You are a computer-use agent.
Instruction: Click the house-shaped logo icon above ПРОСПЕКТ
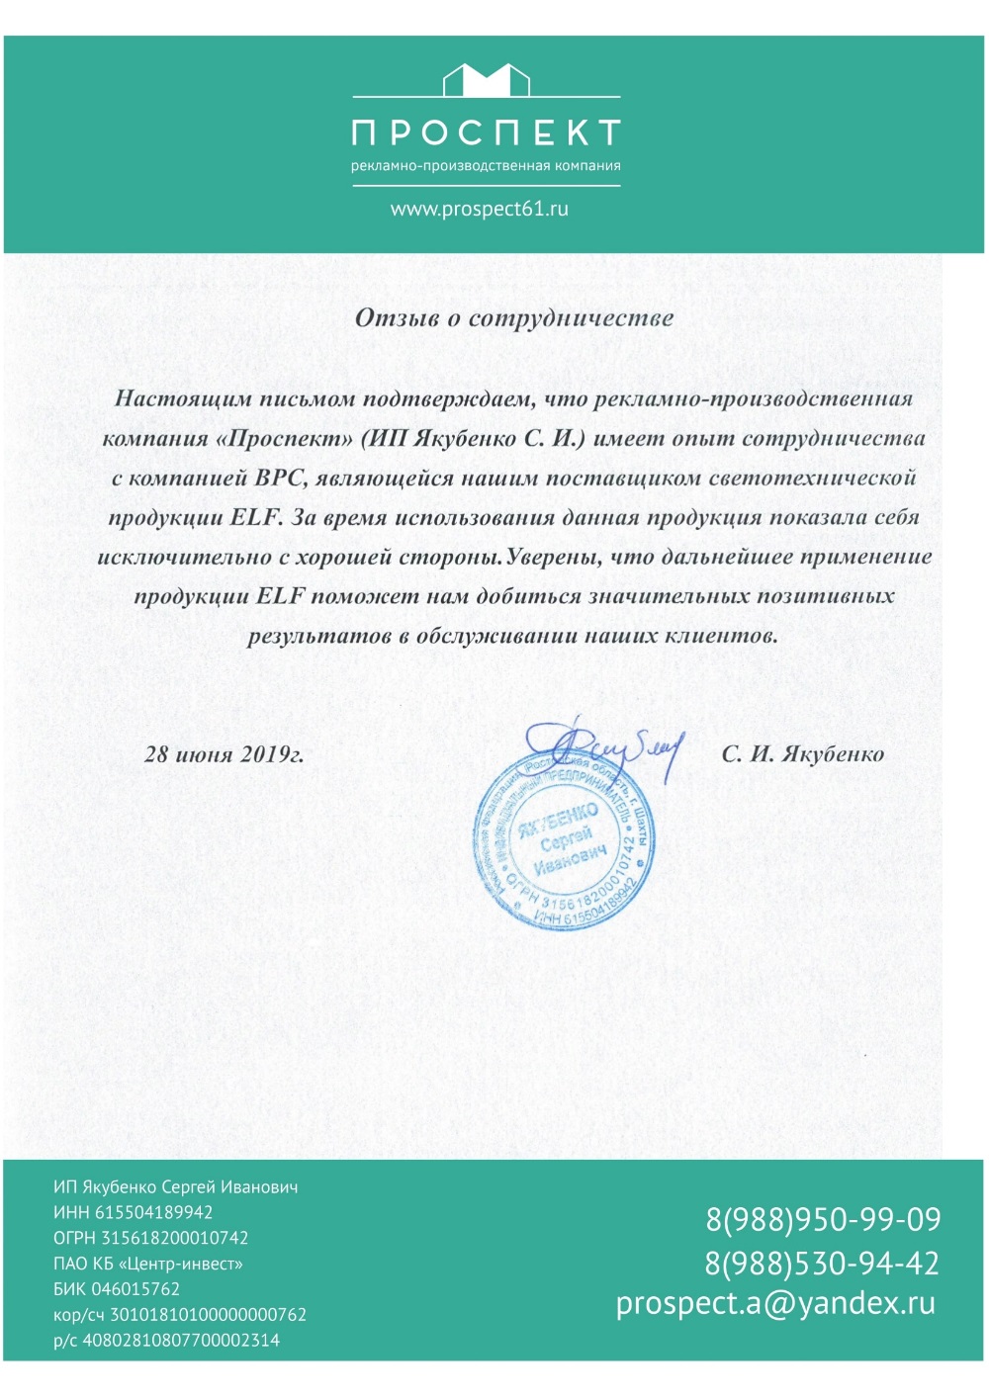486,79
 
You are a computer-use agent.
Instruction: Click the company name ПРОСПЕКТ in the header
486,132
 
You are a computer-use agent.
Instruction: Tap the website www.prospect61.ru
480,209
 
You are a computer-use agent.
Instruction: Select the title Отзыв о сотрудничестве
514,318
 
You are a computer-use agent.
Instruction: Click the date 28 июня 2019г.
225,754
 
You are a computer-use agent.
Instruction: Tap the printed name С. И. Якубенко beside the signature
802,754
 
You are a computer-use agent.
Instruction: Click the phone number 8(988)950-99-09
823,1219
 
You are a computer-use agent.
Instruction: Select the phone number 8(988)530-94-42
822,1263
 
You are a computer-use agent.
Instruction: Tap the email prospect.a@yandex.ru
775,1303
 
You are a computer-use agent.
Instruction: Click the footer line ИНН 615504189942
134,1212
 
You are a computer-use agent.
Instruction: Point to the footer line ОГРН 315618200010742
151,1238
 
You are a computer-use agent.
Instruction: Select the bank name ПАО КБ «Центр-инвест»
148,1264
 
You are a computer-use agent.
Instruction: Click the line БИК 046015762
117,1289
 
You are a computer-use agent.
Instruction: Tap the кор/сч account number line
180,1315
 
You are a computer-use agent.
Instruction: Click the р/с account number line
167,1341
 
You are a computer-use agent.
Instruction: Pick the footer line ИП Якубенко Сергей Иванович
176,1186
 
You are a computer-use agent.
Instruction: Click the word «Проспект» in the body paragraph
284,439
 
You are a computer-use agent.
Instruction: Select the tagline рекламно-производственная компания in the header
486,166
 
